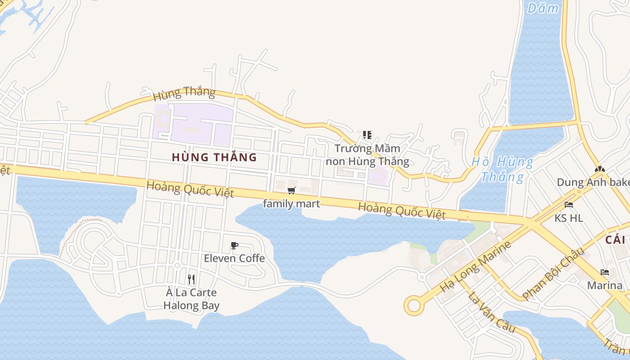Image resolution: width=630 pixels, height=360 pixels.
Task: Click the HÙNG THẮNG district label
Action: (214, 157)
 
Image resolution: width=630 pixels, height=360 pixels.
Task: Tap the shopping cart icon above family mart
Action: (291, 191)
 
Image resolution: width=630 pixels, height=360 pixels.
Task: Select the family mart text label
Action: (291, 204)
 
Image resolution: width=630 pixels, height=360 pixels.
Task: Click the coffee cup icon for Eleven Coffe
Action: (234, 245)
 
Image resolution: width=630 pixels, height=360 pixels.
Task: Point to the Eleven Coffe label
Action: (234, 258)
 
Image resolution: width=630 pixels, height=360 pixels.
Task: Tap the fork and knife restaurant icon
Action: (191, 279)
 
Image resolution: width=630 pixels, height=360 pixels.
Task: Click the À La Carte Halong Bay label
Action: (191, 299)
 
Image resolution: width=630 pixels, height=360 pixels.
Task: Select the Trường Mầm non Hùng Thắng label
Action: (368, 155)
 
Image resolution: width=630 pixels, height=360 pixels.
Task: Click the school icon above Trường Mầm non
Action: (367, 135)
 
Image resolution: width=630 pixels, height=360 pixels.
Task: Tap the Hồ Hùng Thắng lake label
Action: (503, 169)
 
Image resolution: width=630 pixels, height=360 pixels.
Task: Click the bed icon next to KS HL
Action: (569, 205)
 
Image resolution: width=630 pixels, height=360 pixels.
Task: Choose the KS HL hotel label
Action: (569, 218)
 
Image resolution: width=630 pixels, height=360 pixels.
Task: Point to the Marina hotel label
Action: (605, 285)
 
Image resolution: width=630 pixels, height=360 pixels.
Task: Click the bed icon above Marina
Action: (605, 272)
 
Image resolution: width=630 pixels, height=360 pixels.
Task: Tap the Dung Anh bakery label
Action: (593, 182)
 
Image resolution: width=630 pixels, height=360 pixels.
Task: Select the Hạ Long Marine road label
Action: (476, 266)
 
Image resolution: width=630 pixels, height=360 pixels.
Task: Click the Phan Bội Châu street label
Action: (553, 273)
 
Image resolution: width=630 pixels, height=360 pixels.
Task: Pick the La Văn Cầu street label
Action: (491, 312)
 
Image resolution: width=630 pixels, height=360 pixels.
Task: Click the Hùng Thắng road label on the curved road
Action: (184, 94)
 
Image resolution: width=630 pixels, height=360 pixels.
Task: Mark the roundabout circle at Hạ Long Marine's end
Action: (414, 306)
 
